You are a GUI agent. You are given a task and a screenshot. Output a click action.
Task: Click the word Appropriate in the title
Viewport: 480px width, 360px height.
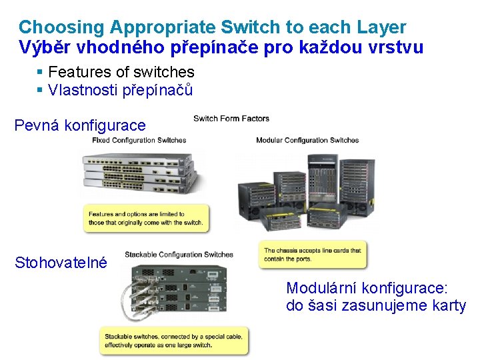pyautogui.click(x=163, y=28)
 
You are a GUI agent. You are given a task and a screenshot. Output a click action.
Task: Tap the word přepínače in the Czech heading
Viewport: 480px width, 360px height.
pyautogui.click(x=214, y=48)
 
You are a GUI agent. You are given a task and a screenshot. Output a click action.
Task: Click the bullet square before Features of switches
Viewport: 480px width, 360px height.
pyautogui.click(x=39, y=72)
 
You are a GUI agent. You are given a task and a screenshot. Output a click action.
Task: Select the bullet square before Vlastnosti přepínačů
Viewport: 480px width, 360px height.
pyautogui.click(x=39, y=90)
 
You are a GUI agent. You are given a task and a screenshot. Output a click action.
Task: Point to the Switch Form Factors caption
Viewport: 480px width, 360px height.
pyautogui.click(x=231, y=119)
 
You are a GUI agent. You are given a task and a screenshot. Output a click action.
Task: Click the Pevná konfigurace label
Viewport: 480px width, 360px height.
pyautogui.click(x=80, y=125)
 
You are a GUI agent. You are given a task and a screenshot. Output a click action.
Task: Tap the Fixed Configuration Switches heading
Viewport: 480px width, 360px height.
pyautogui.click(x=139, y=140)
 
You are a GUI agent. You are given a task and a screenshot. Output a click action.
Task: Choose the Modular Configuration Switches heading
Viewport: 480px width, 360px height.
pyautogui.click(x=307, y=140)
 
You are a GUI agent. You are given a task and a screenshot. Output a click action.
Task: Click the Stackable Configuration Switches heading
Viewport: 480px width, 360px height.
pyautogui.click(x=179, y=255)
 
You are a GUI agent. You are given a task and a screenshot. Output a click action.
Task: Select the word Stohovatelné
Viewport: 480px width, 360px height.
pyautogui.click(x=61, y=263)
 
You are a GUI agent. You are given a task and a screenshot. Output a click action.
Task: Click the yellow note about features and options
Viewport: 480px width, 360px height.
pyautogui.click(x=146, y=218)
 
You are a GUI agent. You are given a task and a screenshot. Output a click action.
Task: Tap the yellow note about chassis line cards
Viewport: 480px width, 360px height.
pyautogui.click(x=313, y=255)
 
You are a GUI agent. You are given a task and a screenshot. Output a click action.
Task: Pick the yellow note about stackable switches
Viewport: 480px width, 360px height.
pyautogui.click(x=174, y=341)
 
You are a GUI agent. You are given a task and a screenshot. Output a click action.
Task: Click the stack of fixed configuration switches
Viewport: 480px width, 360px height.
pyautogui.click(x=139, y=173)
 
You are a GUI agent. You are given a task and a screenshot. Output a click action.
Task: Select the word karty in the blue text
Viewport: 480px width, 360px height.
pyautogui.click(x=449, y=306)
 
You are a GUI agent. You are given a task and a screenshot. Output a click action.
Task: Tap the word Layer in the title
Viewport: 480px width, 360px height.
pyautogui.click(x=381, y=28)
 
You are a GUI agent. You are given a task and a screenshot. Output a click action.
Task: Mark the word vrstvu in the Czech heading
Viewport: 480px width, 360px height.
pyautogui.click(x=395, y=47)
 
